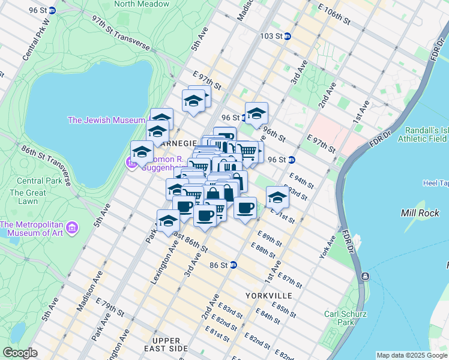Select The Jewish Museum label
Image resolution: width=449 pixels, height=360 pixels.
(106, 120)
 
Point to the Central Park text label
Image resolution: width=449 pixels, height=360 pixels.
(38, 181)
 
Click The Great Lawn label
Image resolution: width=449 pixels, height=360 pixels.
(28, 197)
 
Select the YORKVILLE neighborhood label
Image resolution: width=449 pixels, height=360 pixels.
(268, 296)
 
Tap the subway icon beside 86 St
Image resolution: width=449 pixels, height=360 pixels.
(234, 265)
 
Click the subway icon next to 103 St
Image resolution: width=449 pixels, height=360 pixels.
(288, 36)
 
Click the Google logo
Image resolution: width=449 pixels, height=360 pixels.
(20, 353)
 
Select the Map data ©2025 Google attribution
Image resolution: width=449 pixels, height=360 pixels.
(411, 355)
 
